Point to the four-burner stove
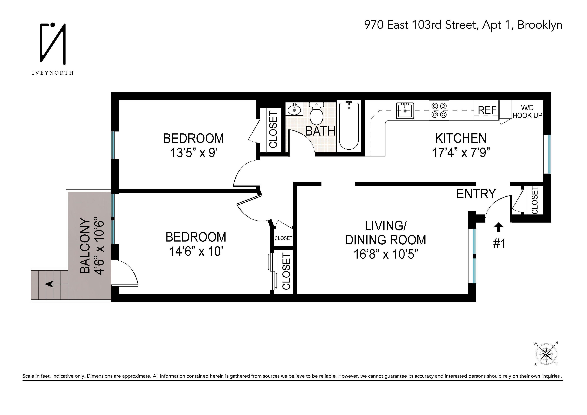coord(439,110)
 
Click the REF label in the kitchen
coord(487,110)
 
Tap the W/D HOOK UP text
coord(527,112)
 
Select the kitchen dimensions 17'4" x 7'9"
coord(461,153)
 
